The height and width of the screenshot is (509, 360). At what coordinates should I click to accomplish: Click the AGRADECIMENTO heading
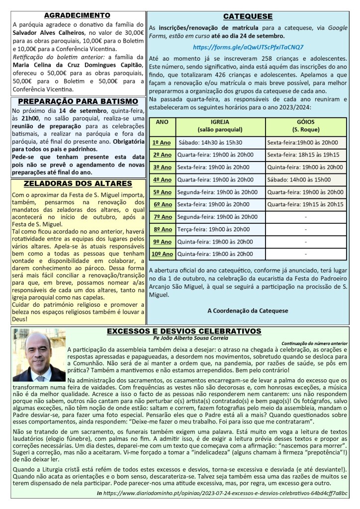(x=77, y=15)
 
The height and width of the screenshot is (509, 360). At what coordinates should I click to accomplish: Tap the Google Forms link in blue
(x=248, y=47)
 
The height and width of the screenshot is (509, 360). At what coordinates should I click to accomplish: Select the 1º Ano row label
(x=162, y=142)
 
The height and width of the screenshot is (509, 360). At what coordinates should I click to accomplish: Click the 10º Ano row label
(x=162, y=254)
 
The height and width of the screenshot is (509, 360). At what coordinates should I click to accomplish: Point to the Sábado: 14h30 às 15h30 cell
(x=210, y=142)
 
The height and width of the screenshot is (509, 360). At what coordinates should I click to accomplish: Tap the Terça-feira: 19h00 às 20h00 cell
(x=213, y=229)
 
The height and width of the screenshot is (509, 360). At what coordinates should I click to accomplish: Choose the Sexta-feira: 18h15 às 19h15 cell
(x=303, y=155)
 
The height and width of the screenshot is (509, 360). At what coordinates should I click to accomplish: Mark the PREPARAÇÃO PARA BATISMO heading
(x=77, y=101)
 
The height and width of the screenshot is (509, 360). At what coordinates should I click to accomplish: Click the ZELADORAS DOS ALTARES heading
(x=77, y=183)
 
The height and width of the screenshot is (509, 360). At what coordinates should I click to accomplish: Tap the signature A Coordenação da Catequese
(x=248, y=311)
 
